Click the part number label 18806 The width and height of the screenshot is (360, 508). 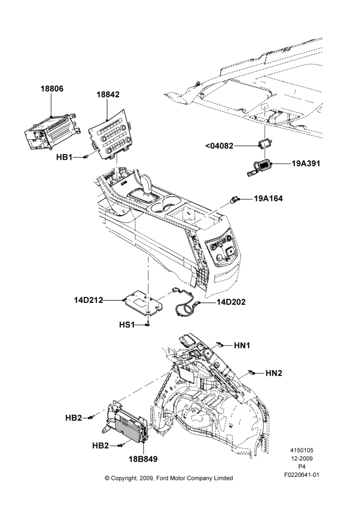[x=52, y=88]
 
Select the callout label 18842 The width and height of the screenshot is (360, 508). [x=108, y=94]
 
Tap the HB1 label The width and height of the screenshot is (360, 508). [x=64, y=157]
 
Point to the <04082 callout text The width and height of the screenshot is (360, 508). [x=219, y=146]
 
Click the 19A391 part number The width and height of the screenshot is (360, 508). [x=306, y=163]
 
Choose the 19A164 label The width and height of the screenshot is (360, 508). [x=268, y=198]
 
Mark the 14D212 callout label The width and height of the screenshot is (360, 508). [x=88, y=300]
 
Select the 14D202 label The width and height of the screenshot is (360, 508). [x=231, y=302]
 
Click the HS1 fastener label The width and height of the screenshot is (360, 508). [x=127, y=324]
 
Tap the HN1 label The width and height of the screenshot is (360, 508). [x=242, y=345]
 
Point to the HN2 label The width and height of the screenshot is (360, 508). [x=274, y=373]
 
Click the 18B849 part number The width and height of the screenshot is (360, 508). [x=143, y=459]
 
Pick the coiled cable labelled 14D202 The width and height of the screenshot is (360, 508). [x=186, y=302]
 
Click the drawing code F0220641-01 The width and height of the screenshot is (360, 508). [x=302, y=474]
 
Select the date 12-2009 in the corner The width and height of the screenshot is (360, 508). [x=302, y=458]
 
